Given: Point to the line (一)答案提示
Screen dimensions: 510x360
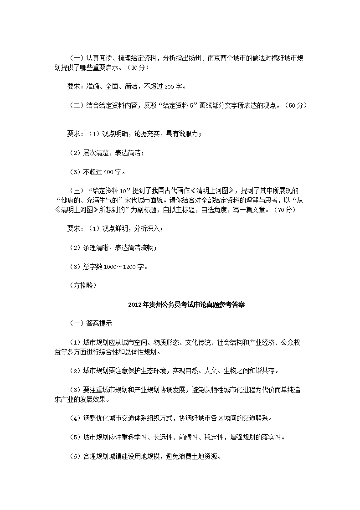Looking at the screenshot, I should pyautogui.click(x=87, y=324).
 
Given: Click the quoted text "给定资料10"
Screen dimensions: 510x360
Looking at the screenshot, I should pyautogui.click(x=108, y=191).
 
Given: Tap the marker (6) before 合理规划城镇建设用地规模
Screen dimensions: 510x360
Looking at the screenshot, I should pyautogui.click(x=74, y=456).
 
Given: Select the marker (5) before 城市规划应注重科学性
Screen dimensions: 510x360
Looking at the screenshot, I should pyautogui.click(x=74, y=437).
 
